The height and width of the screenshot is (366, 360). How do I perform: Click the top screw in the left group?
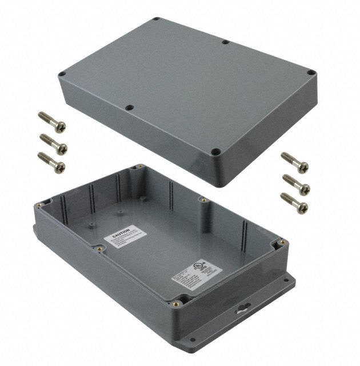(52, 120)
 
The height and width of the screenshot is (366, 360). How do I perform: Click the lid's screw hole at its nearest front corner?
(216, 152)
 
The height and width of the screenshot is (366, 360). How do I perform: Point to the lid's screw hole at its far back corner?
(155, 21)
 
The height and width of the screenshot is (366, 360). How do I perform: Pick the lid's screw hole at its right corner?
(310, 73)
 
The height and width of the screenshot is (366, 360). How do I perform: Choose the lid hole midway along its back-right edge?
(226, 42)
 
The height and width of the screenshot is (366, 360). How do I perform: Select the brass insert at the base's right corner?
(281, 245)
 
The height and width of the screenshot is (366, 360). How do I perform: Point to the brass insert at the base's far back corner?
(138, 169)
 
